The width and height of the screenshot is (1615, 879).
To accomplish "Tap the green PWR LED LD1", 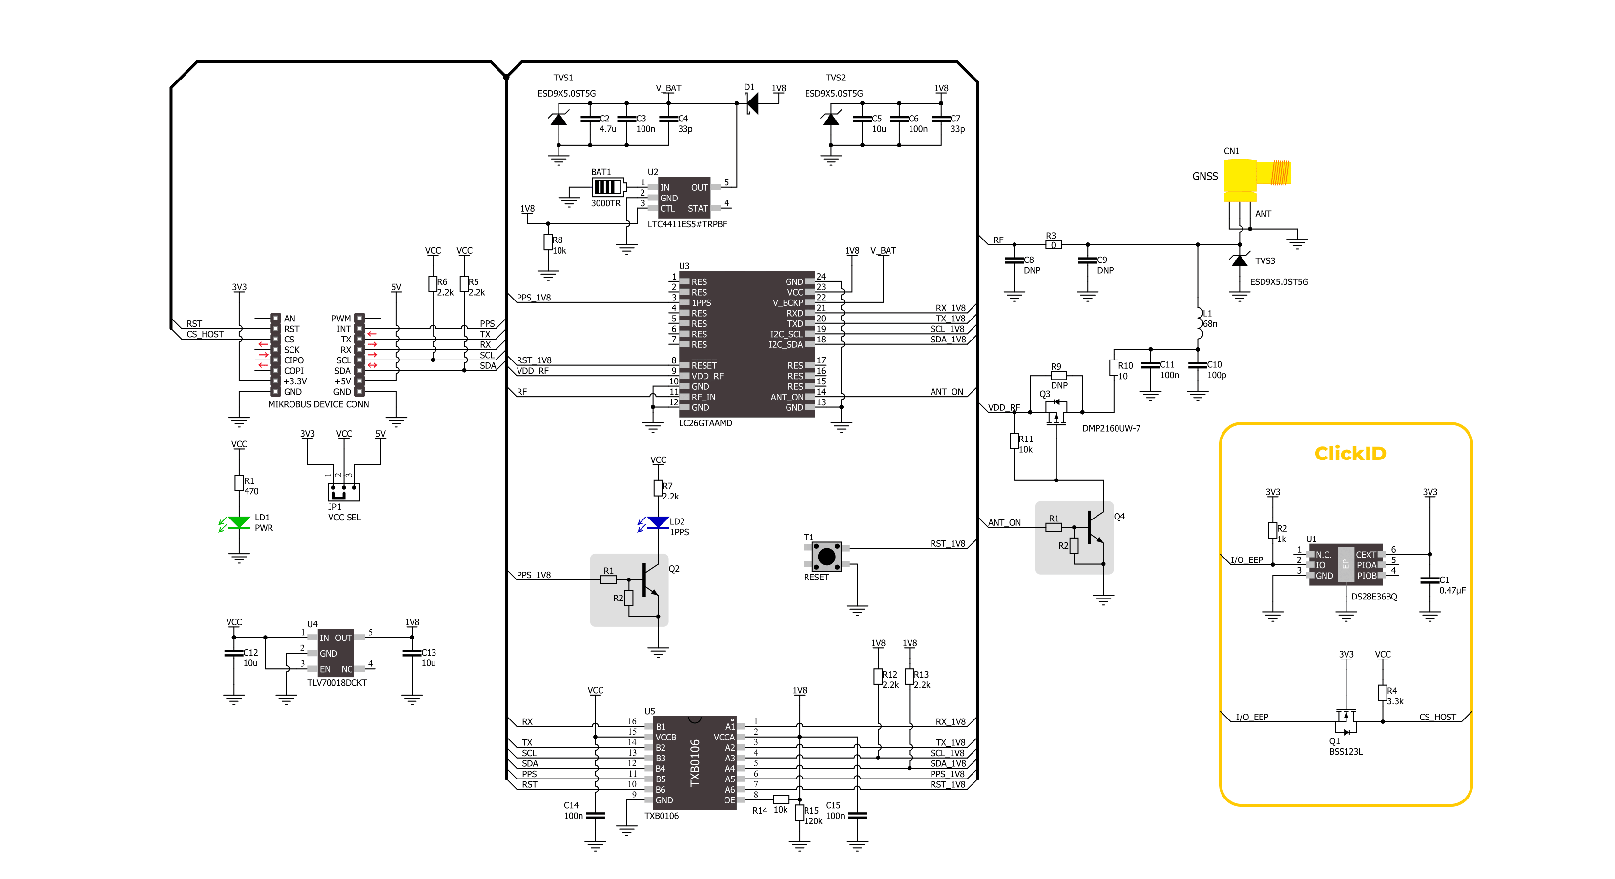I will tap(239, 522).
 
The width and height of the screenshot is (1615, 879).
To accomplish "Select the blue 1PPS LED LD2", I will tap(658, 522).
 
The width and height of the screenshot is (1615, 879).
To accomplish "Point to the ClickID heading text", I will tap(1350, 453).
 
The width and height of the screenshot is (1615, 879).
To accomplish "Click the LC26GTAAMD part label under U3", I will tap(705, 423).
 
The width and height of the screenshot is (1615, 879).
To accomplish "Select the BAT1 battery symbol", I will tap(607, 187).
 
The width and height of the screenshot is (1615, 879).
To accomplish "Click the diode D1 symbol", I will tap(752, 103).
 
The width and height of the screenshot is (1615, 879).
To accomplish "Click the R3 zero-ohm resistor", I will tap(1053, 245).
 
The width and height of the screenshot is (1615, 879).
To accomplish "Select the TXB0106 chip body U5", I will tap(694, 762).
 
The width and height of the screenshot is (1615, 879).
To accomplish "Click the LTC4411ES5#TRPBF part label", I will tap(687, 224).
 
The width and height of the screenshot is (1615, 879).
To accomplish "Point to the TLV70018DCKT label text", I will tap(337, 683).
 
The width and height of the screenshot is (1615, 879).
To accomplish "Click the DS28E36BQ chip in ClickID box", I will tap(1345, 564).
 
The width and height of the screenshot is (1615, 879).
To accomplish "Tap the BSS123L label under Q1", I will tap(1346, 752).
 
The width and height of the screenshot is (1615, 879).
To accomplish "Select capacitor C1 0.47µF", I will tap(1429, 580).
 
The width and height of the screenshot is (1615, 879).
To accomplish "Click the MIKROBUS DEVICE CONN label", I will tap(318, 405).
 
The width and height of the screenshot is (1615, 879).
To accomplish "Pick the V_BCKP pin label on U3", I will tap(787, 302).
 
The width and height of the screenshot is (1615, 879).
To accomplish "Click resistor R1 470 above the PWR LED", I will tap(239, 482).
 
